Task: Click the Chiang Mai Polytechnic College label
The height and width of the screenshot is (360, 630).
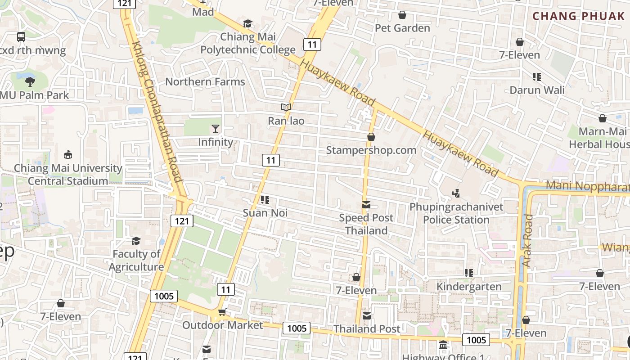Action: [248, 43]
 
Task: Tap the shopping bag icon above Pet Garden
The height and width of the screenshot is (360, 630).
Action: [402, 15]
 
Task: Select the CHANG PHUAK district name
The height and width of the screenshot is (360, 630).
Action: [579, 16]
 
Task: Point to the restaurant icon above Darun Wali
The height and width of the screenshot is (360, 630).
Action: [536, 77]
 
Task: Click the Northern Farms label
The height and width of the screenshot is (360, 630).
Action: [205, 81]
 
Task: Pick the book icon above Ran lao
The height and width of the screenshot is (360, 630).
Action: [286, 108]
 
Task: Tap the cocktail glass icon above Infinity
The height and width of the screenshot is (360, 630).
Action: [216, 129]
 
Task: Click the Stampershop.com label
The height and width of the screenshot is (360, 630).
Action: [371, 150]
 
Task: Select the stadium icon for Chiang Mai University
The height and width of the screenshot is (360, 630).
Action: [68, 155]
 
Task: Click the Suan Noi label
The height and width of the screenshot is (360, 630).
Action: [265, 212]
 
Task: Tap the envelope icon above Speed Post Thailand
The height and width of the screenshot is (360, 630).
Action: [366, 205]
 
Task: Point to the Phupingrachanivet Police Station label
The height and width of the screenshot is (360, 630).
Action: [456, 213]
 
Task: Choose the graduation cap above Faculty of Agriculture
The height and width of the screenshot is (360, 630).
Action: [136, 241]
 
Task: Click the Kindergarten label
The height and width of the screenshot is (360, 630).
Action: [469, 287]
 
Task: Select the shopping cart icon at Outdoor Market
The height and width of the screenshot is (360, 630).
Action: [222, 312]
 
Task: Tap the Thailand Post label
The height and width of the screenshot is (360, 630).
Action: [367, 329]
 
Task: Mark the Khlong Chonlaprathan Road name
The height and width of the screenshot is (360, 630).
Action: [157, 112]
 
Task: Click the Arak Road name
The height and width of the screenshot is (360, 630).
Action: [527, 240]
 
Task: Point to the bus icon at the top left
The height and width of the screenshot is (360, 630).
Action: [21, 37]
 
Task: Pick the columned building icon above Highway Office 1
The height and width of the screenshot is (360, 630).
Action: [443, 345]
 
